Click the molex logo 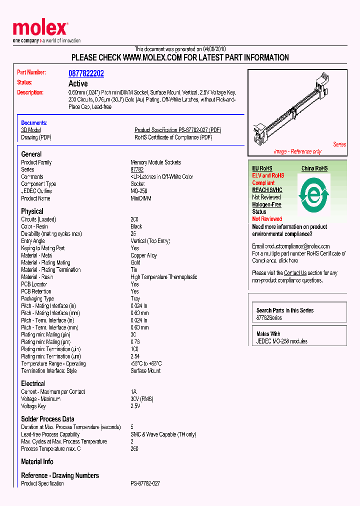coord(40,29)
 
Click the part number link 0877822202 coord(86,73)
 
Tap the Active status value coord(78,83)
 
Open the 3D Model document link coord(31,130)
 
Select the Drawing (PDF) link coord(36,137)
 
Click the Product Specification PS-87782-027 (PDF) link coord(177,130)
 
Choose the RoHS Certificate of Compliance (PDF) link coord(173,137)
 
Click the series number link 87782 coord(137,169)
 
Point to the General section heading coord(31,154)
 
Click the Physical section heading coord(32,211)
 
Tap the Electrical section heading coord(33,383)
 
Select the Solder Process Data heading coord(47,419)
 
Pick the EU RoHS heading coord(262,168)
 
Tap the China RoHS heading coord(314,168)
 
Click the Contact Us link coord(295,273)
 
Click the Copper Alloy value coord(143,255)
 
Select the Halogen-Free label coord(266,204)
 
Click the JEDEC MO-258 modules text coord(281,341)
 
